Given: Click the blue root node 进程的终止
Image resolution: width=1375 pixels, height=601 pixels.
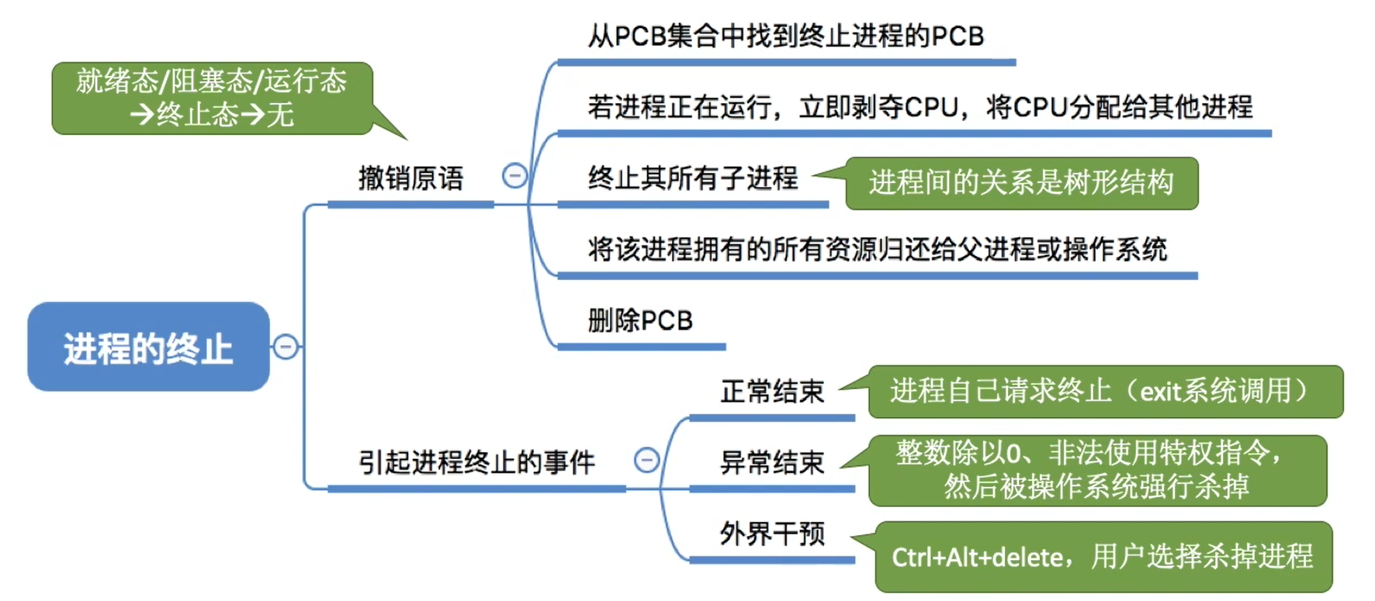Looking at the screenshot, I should click(148, 347).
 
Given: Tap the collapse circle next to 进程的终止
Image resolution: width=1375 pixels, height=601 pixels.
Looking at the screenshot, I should click(286, 346).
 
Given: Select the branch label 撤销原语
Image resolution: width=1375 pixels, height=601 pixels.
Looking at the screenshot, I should click(410, 178).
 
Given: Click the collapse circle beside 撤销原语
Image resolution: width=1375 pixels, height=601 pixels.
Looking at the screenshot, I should click(514, 176).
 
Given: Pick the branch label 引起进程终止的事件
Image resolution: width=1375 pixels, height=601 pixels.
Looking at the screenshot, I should click(476, 462).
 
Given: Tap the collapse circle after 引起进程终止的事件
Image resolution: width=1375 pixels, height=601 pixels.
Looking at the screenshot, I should click(646, 460).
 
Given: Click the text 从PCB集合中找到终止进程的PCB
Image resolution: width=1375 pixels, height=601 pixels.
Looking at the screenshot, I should click(785, 36).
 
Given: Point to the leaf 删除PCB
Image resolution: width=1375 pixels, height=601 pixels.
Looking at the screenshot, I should click(640, 320).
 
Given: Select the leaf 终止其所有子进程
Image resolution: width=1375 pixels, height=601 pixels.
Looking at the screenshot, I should click(692, 178).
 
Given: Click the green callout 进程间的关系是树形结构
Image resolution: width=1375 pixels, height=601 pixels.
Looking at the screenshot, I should click(1021, 183).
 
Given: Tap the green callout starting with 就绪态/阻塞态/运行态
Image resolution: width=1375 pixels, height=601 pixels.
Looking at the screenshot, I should click(211, 98).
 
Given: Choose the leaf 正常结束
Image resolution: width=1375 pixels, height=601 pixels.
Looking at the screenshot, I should click(771, 392).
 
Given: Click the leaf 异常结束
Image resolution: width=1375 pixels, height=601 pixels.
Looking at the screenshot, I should click(771, 463).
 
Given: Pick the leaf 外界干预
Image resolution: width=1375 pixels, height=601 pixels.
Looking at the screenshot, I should click(771, 534).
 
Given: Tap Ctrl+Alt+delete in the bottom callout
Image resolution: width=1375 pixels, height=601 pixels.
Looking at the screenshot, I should click(977, 558).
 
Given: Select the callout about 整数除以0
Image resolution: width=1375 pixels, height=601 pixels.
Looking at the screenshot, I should click(1096, 470).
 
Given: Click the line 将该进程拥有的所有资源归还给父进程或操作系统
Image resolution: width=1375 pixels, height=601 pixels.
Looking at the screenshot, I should click(877, 250).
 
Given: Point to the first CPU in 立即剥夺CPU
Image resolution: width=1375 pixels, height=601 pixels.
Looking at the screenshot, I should click(931, 107).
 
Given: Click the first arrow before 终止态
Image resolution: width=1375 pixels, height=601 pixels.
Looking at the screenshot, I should click(142, 115).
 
